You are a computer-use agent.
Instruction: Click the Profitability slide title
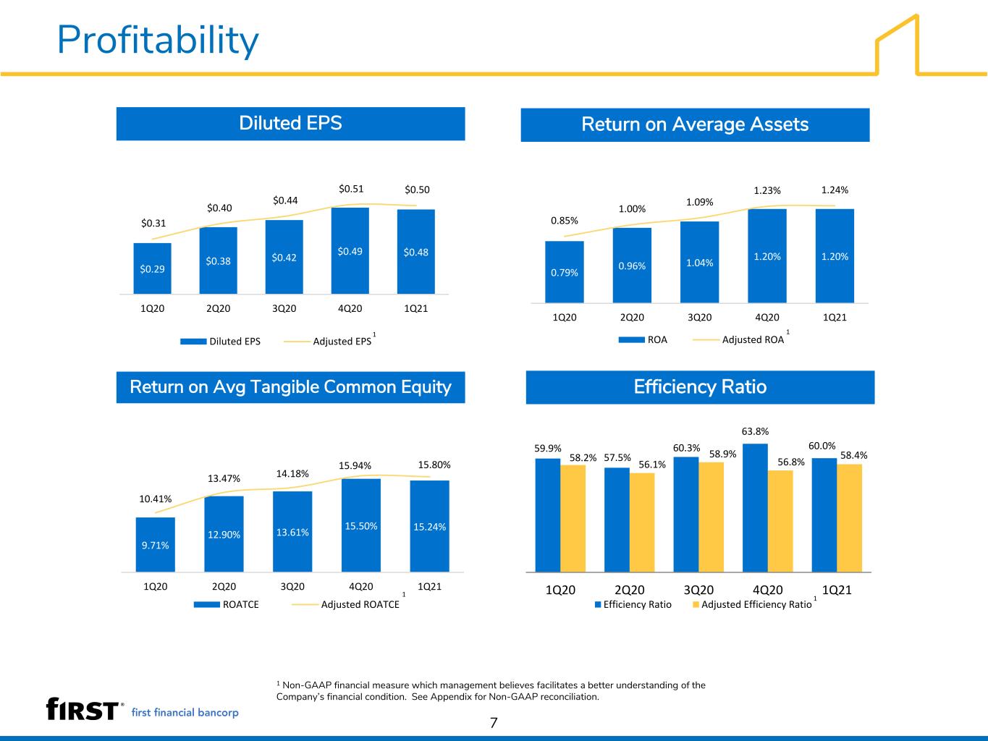tap(158, 41)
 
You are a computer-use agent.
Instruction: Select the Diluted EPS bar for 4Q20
tap(350, 250)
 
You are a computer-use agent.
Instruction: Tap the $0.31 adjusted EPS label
tap(153, 223)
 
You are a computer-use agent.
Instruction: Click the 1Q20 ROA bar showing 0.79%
tap(565, 272)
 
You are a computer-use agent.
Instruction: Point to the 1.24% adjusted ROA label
tap(835, 190)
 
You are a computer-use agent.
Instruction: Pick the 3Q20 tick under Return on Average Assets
tap(699, 317)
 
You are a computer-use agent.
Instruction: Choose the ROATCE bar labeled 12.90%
tap(224, 534)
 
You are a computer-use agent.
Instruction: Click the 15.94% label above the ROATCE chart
tap(355, 465)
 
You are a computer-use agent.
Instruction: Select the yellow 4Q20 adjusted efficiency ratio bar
tap(780, 522)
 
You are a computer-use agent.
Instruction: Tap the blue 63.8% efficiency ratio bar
tap(755, 508)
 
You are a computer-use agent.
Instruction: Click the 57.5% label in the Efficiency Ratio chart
tap(617, 457)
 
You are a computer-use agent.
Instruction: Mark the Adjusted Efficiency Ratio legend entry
tap(752, 604)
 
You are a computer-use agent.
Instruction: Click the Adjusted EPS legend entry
tap(328, 341)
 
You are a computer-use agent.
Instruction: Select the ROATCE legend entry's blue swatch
tap(206, 604)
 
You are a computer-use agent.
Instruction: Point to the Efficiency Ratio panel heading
tap(700, 387)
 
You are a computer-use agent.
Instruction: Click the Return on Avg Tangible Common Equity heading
tap(290, 387)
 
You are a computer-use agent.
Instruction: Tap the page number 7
tap(494, 723)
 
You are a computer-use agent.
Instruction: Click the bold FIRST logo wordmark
tap(83, 709)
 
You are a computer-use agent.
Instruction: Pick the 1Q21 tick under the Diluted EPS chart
tap(416, 308)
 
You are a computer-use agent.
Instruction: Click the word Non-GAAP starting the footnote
tap(306, 685)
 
